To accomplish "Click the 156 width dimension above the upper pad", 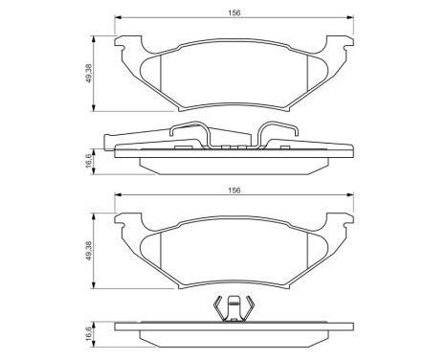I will [232, 13].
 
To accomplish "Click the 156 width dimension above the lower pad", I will [232, 191].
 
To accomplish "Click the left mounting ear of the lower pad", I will [123, 220].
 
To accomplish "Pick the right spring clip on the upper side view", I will [277, 134].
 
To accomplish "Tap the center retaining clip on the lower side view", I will [231, 310].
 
